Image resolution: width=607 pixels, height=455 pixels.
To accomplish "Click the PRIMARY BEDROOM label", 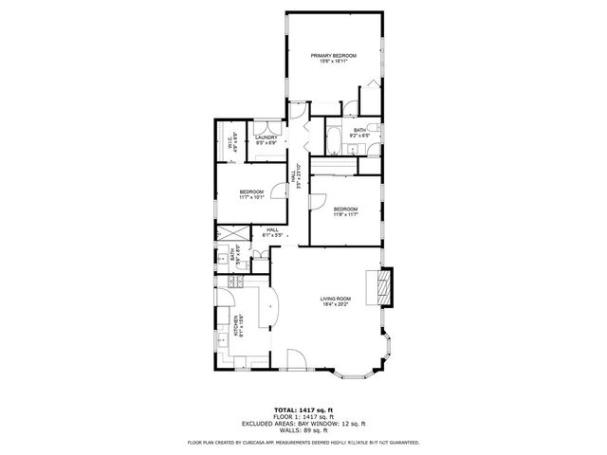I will point(335,56).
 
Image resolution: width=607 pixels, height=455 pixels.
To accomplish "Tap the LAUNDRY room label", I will point(266,137).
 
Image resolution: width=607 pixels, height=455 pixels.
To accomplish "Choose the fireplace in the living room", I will point(384,287).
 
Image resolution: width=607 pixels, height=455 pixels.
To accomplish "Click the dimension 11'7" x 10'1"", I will point(251,198).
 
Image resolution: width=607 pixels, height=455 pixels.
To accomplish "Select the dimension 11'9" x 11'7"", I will point(345,214).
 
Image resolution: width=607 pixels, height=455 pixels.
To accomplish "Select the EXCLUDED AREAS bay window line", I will point(303,422).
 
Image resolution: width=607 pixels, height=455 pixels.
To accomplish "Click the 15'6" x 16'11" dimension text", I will point(335,62).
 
